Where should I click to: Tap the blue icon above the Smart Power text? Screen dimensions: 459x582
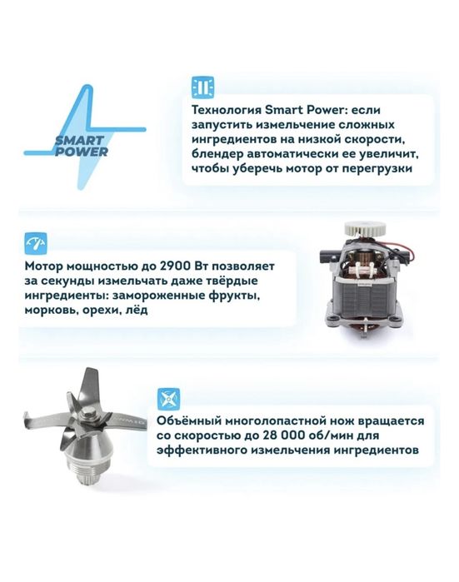coord(202,88)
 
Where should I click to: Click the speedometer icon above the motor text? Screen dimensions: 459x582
coord(36,243)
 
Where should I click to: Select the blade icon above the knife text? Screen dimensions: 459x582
coord(168,400)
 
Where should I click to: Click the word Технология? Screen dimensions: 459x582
coord(226,110)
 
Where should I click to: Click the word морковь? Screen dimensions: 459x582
coord(47,311)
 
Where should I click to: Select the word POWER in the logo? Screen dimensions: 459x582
coord(81,152)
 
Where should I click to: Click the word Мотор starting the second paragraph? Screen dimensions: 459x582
coord(42,266)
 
